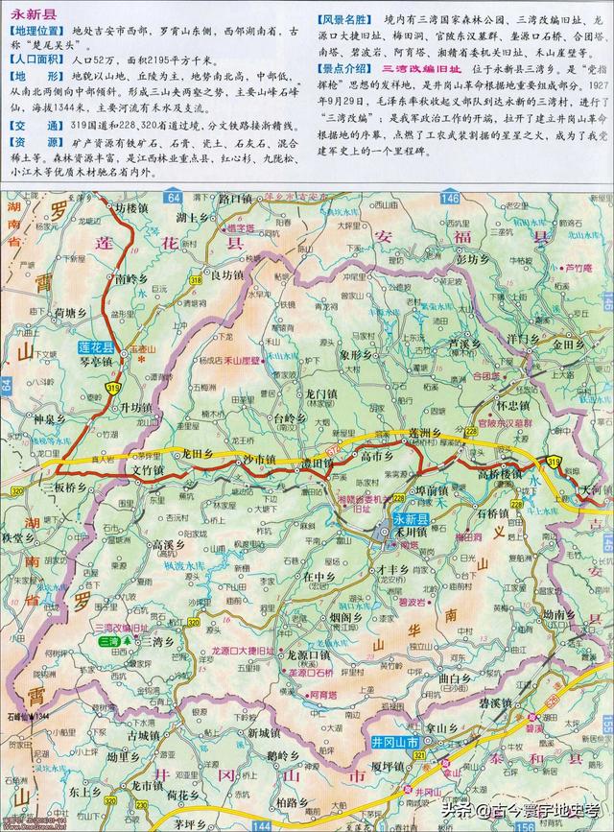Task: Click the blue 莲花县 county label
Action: click(x=95, y=347)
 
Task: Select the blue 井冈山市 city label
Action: click(x=393, y=743)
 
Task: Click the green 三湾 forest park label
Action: click(x=112, y=641)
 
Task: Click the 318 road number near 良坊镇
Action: click(x=195, y=278)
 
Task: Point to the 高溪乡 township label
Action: click(x=166, y=544)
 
